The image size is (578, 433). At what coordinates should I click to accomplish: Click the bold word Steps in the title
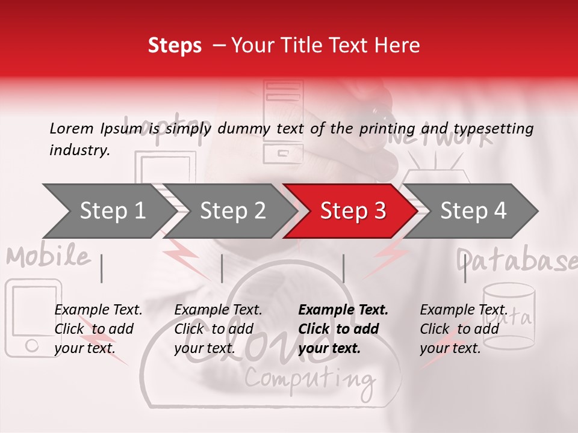click(x=175, y=46)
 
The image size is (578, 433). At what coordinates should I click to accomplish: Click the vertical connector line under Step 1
click(x=102, y=268)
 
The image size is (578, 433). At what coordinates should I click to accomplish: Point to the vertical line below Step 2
click(x=222, y=268)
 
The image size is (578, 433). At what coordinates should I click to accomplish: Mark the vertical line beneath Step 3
click(x=344, y=268)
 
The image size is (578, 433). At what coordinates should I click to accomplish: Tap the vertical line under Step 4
click(x=465, y=268)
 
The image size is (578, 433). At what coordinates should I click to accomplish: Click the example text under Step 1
click(x=98, y=329)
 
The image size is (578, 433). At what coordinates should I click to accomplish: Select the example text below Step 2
click(x=218, y=329)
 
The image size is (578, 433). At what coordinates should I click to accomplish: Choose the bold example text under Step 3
click(x=343, y=329)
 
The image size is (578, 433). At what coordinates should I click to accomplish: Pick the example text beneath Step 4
click(x=463, y=329)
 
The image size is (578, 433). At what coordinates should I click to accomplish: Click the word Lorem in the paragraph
click(x=72, y=128)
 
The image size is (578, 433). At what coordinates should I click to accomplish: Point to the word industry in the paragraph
click(x=79, y=150)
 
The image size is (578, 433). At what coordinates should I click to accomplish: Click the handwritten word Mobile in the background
click(x=48, y=257)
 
